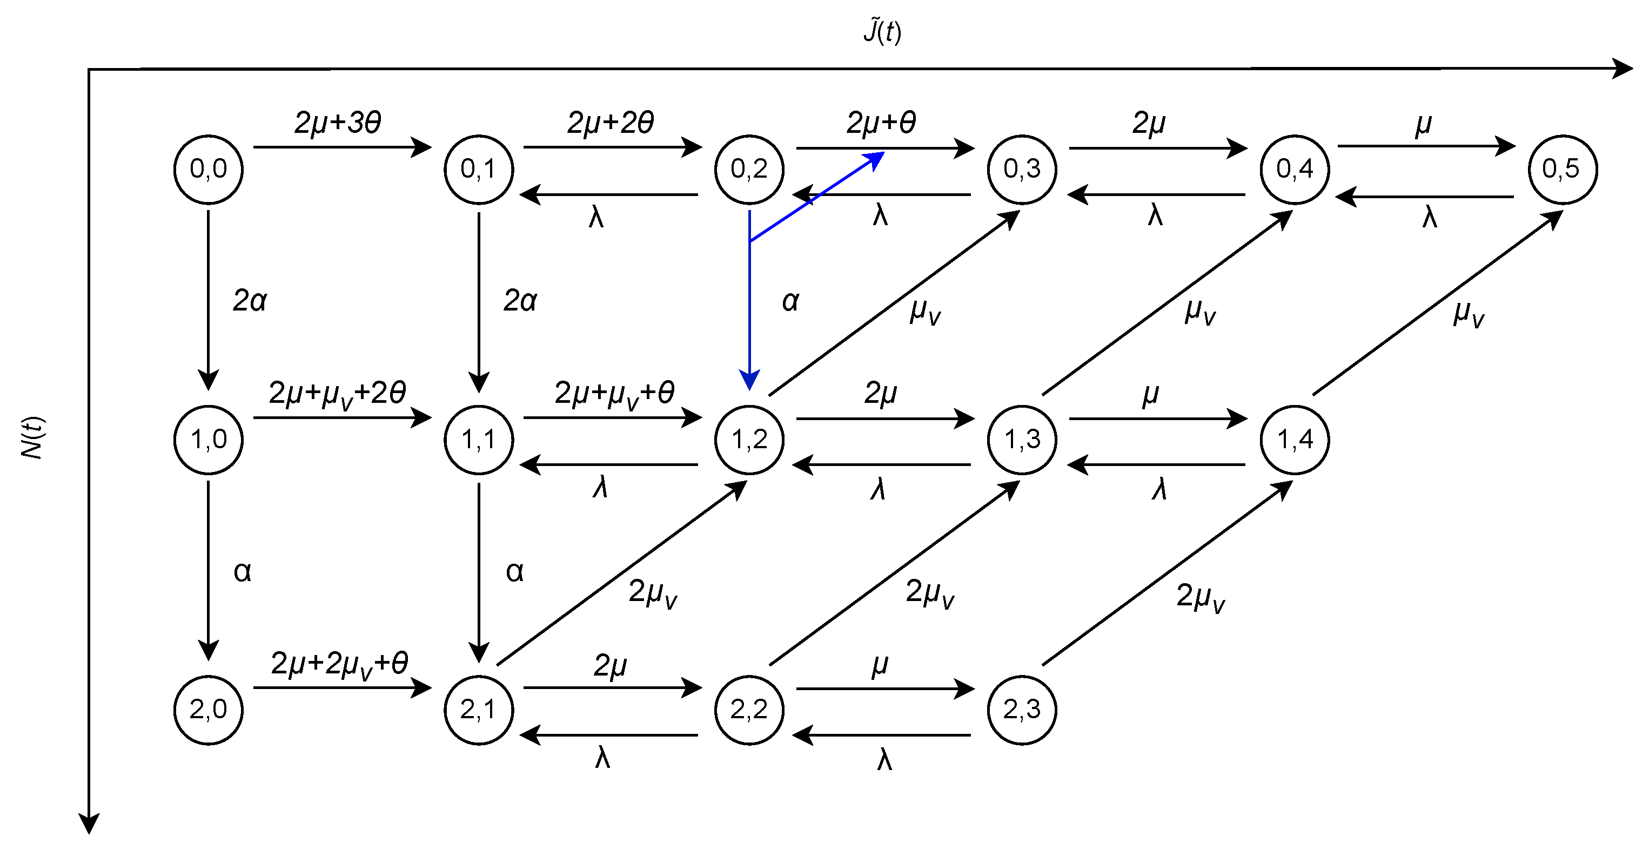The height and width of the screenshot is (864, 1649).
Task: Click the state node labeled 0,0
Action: [208, 170]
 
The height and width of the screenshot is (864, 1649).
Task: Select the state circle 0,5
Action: [1563, 170]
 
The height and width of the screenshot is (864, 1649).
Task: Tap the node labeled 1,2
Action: [749, 440]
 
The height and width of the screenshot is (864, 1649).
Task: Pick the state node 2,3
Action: [1022, 710]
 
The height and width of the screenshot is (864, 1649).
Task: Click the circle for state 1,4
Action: [1295, 440]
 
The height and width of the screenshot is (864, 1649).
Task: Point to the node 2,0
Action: [208, 710]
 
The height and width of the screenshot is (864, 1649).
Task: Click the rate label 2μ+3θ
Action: [338, 122]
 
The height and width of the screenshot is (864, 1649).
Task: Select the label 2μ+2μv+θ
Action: [339, 664]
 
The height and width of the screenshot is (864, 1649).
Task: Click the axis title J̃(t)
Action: [882, 31]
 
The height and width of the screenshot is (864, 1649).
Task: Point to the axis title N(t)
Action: [32, 438]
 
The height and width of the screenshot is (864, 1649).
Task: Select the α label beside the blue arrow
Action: [790, 301]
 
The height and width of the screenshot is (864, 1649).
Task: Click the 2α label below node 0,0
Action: [250, 301]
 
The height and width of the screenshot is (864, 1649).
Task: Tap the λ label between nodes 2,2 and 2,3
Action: [884, 760]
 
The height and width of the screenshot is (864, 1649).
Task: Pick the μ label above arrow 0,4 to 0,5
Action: [1423, 125]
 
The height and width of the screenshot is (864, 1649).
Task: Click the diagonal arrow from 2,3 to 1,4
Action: [1167, 573]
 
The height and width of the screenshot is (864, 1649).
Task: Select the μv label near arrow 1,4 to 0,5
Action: [1468, 314]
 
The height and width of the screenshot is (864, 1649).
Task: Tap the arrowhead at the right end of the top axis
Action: [1623, 69]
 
